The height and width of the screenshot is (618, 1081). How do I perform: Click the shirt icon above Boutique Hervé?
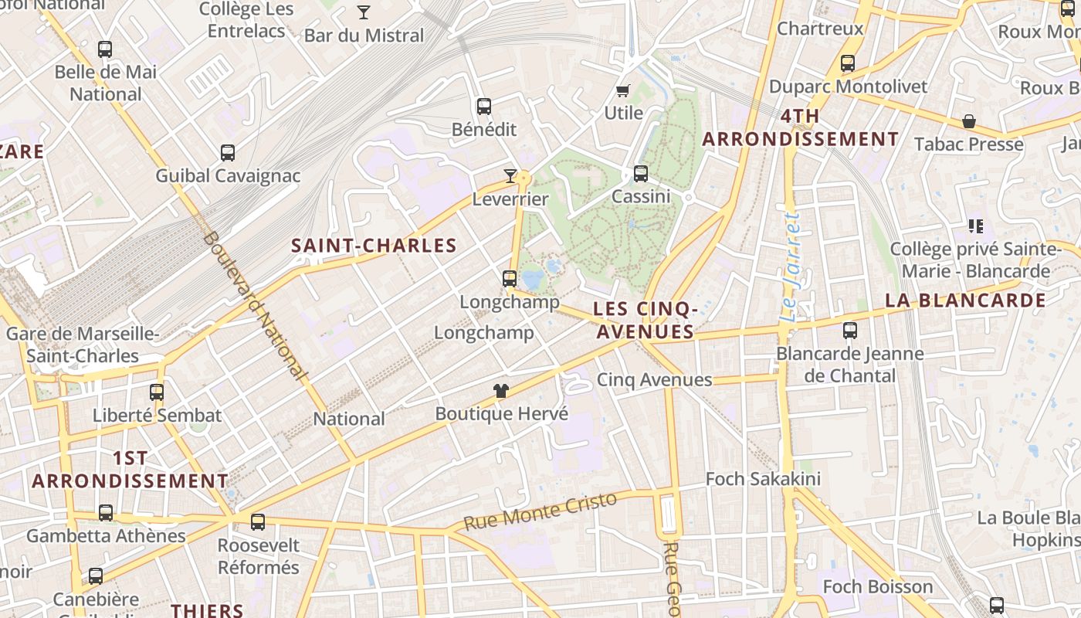pyautogui.click(x=501, y=391)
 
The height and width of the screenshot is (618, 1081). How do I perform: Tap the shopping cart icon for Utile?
pyautogui.click(x=623, y=90)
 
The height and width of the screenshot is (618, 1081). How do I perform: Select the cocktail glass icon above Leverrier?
pyautogui.click(x=510, y=176)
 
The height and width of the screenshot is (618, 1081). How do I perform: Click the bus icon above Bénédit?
pyautogui.click(x=484, y=107)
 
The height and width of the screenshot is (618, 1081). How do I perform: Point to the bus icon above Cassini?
pyautogui.click(x=641, y=174)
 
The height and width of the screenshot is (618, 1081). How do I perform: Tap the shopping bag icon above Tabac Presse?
pyautogui.click(x=968, y=122)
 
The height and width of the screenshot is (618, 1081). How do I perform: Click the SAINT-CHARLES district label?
pyautogui.click(x=374, y=246)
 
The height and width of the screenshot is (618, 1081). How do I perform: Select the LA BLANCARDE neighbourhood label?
pyautogui.click(x=965, y=301)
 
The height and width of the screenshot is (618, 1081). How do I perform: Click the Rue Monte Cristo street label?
pyautogui.click(x=540, y=511)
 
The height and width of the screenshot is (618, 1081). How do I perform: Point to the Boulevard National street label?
pyautogui.click(x=254, y=305)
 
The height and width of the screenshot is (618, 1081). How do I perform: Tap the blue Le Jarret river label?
pyautogui.click(x=789, y=267)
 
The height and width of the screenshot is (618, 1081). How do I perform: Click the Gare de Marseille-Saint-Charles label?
pyautogui.click(x=83, y=345)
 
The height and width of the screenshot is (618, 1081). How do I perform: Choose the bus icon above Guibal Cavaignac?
pyautogui.click(x=228, y=153)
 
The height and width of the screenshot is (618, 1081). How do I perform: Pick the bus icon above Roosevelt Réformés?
pyautogui.click(x=258, y=522)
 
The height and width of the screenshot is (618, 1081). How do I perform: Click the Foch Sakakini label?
pyautogui.click(x=763, y=479)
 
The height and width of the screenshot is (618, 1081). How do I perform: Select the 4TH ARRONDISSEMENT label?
pyautogui.click(x=801, y=128)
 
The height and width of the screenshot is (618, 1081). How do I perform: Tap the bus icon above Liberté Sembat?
pyautogui.click(x=157, y=392)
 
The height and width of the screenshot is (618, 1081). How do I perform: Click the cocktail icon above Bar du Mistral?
pyautogui.click(x=364, y=12)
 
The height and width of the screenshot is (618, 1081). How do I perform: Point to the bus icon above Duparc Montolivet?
pyautogui.click(x=848, y=63)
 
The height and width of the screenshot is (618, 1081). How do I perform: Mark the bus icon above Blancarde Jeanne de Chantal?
pyautogui.click(x=850, y=331)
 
